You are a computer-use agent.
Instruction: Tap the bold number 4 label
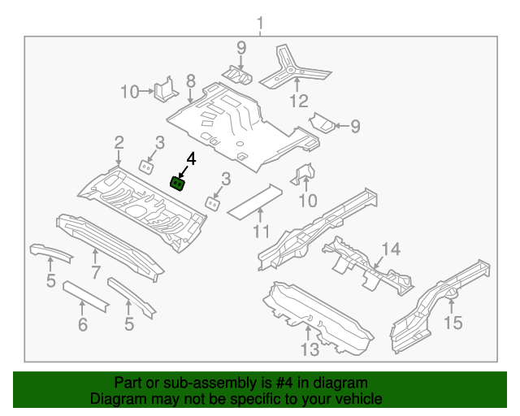click(192, 158)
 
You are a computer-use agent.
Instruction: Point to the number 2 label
click(119, 142)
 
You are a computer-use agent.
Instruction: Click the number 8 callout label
click(190, 80)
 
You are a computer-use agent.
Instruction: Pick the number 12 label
click(299, 102)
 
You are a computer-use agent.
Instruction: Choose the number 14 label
click(392, 249)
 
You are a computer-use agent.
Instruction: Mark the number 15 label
click(453, 323)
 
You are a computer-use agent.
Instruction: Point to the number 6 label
click(83, 325)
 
